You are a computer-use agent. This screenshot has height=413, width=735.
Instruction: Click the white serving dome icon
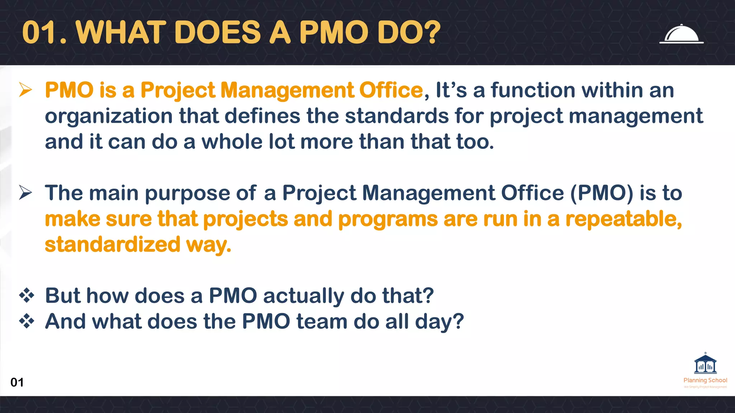point(681,34)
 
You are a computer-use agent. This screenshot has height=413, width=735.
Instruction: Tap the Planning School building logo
point(705,364)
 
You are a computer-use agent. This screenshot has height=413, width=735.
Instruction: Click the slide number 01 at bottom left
point(17,382)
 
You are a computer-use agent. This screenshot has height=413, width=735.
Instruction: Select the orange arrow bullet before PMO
point(26,90)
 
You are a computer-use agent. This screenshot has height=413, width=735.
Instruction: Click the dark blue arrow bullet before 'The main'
point(26,193)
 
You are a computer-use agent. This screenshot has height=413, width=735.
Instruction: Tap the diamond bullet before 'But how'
point(27,296)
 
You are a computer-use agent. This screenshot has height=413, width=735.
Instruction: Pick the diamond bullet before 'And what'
point(27,321)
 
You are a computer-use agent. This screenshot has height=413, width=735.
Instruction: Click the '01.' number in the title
point(45,33)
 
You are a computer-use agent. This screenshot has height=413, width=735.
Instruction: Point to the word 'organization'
point(109,117)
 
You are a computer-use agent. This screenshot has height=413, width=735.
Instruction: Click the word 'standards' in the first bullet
point(397,116)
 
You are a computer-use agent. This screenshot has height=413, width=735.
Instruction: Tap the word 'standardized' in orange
point(112,245)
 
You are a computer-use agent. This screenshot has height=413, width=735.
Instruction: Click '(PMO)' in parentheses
point(602,193)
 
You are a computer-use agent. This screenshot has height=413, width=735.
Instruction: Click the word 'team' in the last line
point(322,321)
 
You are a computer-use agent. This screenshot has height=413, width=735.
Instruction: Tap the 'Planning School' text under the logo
point(705,380)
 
